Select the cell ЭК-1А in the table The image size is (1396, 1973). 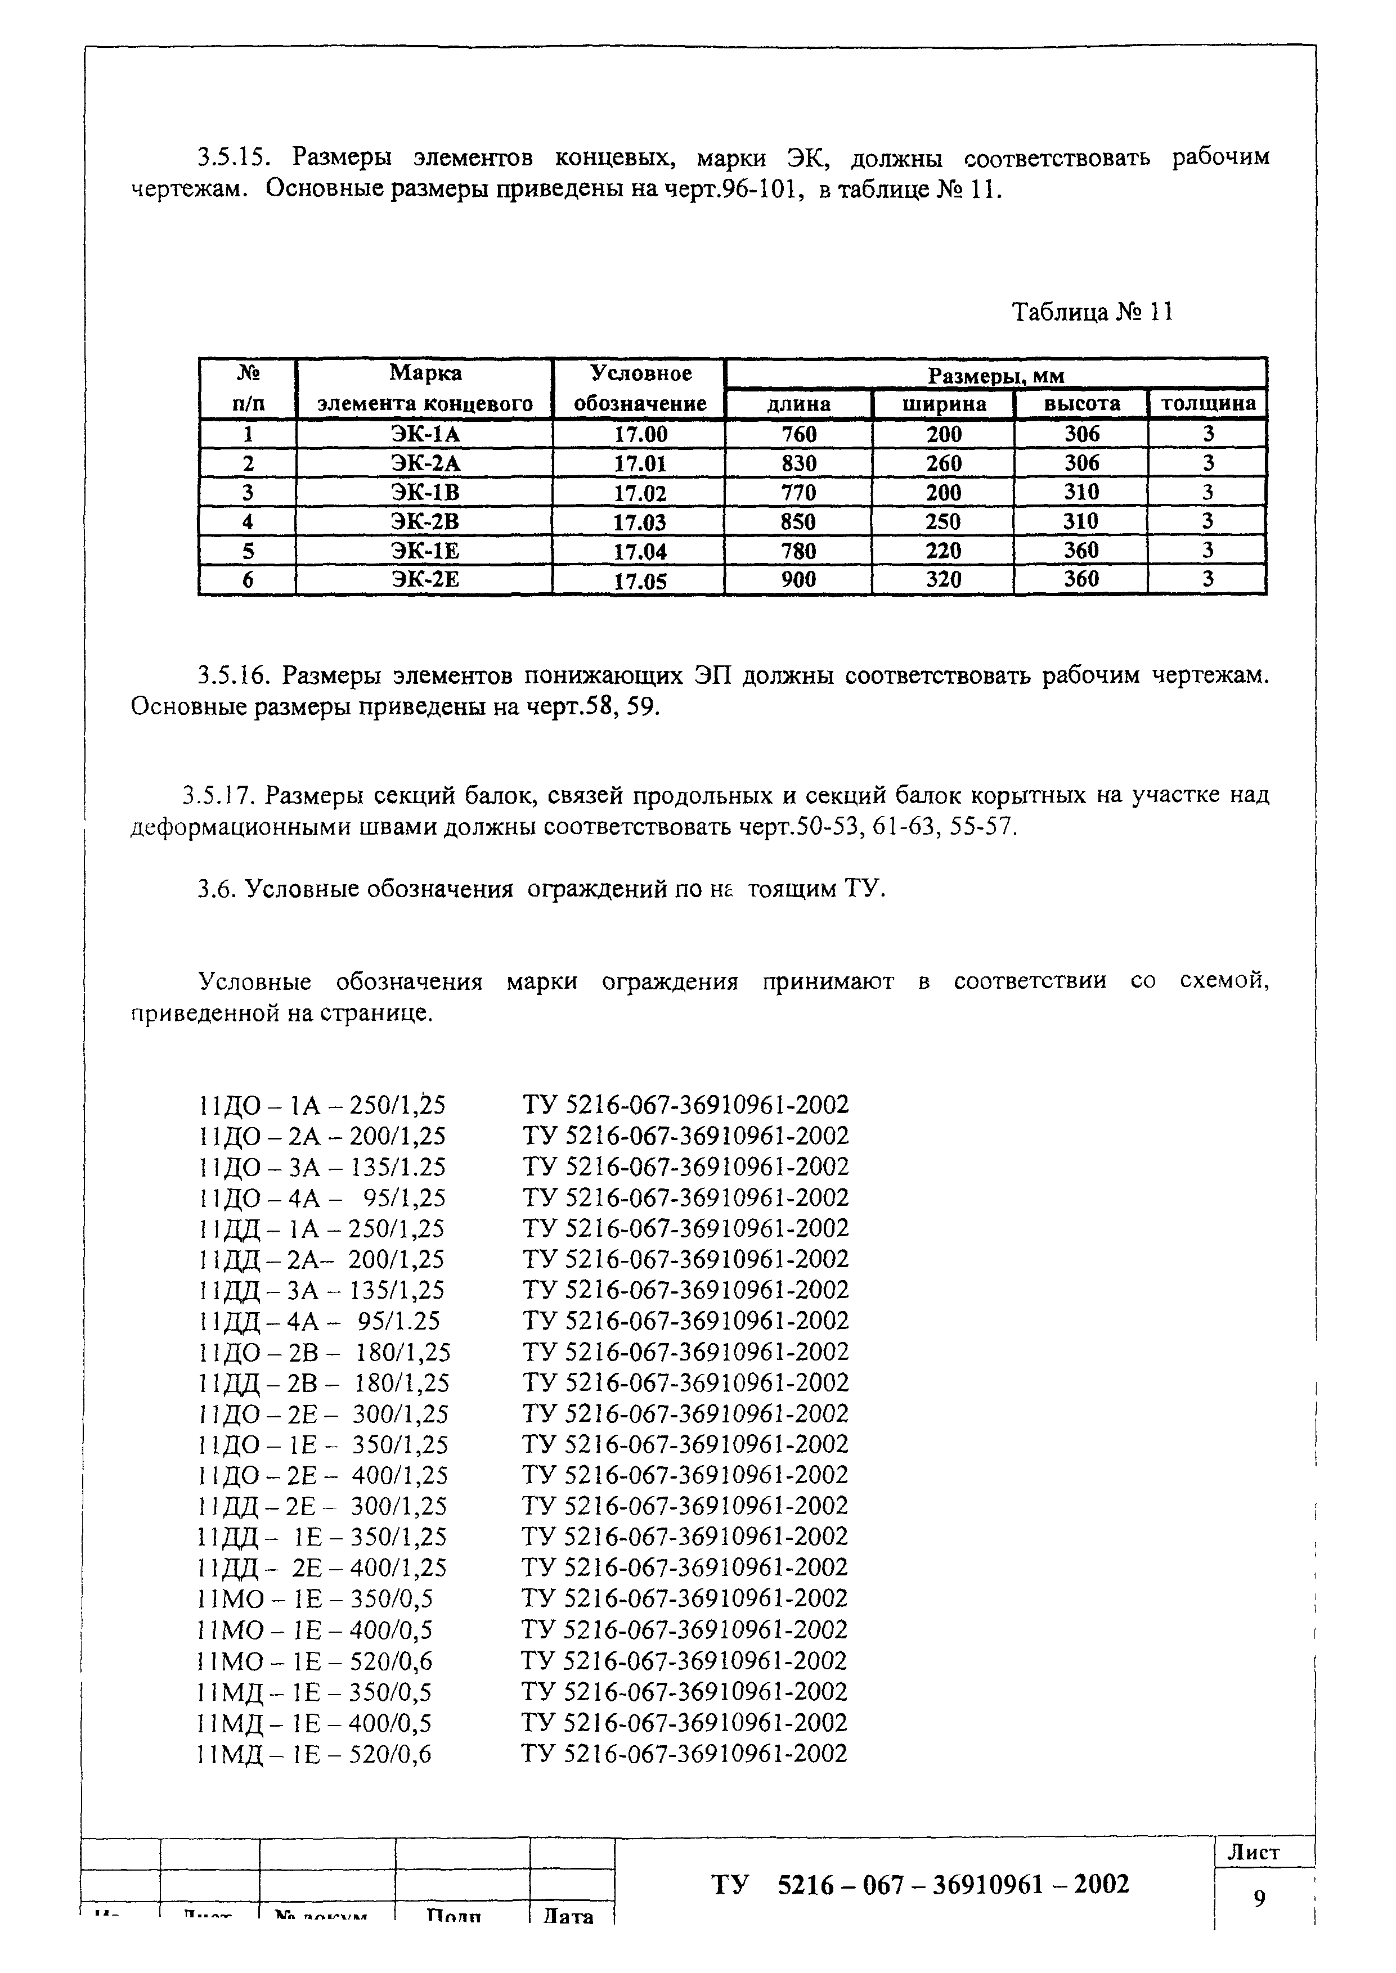425,434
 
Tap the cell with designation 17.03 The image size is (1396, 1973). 640,521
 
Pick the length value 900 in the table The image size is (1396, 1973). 798,580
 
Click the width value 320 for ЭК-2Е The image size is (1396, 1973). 943,580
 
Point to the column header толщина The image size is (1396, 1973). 1208,404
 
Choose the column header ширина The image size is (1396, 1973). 944,404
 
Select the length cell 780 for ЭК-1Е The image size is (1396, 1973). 798,551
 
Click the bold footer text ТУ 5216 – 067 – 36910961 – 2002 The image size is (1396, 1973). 920,1885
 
